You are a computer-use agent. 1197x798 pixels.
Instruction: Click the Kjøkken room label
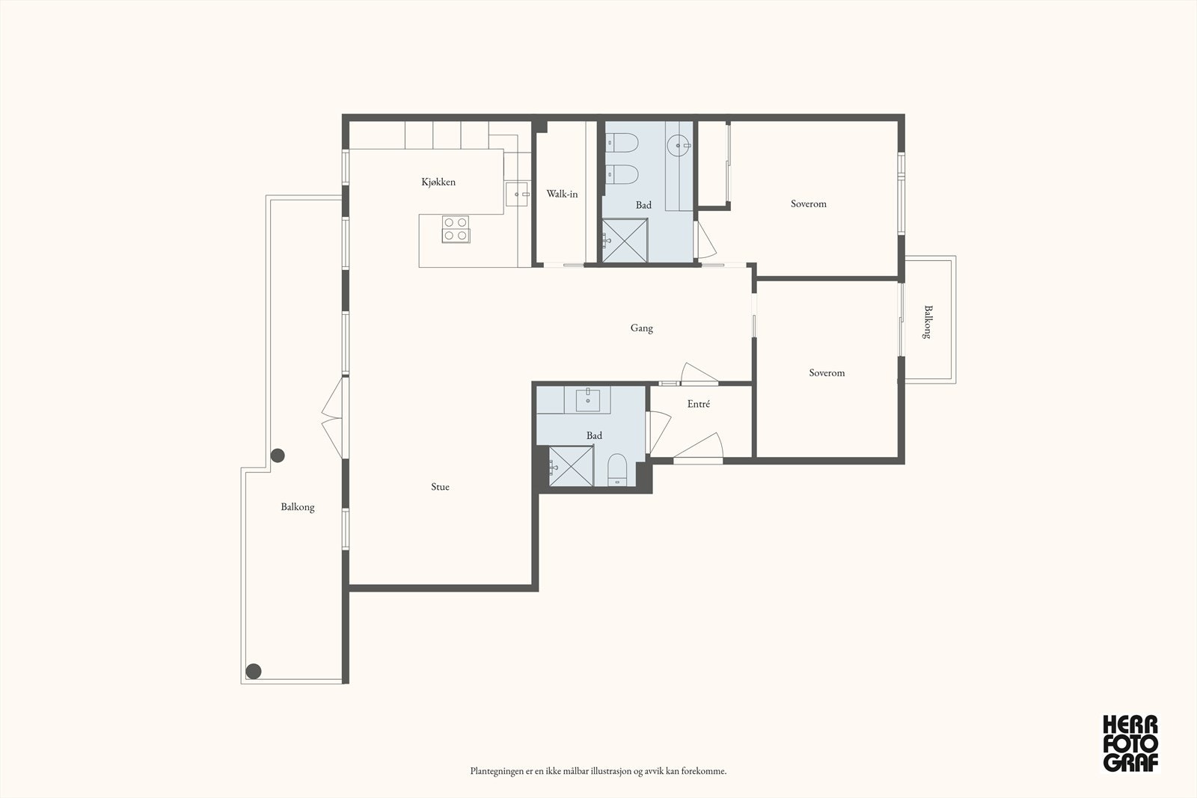tap(438, 182)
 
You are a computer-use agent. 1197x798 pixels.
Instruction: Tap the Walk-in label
tap(562, 194)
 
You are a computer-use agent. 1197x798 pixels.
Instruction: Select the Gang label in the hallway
tap(641, 328)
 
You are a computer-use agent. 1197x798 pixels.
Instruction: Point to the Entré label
tap(699, 404)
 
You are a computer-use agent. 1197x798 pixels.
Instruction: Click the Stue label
tap(440, 487)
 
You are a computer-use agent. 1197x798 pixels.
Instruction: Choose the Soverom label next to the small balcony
tap(827, 373)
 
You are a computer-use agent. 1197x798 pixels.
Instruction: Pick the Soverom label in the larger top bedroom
tap(809, 203)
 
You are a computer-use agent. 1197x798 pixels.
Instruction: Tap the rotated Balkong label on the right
tap(928, 322)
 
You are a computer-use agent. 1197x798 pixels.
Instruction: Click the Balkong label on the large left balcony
tap(298, 507)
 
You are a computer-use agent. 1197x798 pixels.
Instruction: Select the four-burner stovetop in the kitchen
tap(456, 229)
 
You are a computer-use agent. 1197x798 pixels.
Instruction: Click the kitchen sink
tap(517, 194)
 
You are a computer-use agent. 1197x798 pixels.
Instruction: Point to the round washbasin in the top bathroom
tap(679, 145)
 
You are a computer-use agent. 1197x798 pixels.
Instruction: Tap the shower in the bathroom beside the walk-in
tap(625, 240)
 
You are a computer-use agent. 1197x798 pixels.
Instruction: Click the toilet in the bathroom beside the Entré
tap(617, 470)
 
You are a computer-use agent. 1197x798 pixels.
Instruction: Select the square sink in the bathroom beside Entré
tap(588, 400)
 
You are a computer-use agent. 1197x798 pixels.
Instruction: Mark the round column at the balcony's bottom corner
tap(254, 672)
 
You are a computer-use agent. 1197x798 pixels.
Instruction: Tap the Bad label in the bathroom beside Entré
tap(594, 435)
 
